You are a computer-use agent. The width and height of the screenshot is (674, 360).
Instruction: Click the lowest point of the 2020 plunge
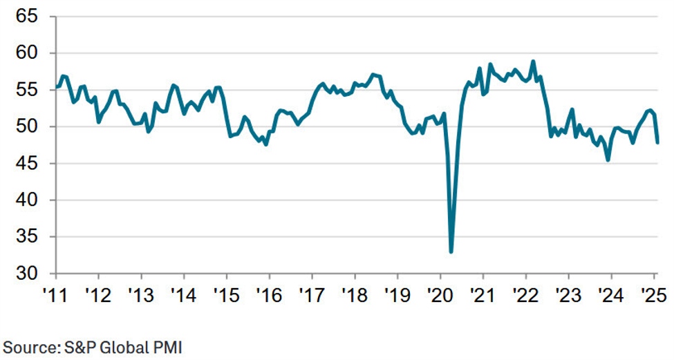pos(451,252)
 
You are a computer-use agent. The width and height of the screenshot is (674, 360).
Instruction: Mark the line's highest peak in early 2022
pos(533,61)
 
